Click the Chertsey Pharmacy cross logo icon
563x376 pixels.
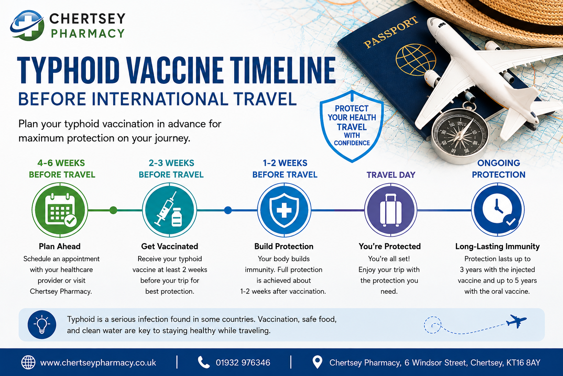pos(27,25)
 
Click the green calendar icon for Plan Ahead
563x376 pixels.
pos(60,210)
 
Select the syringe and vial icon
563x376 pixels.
pos(170,210)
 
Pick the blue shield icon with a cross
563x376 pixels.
pos(284,210)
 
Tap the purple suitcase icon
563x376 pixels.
pos(391,210)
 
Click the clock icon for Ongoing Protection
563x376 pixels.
pos(498,210)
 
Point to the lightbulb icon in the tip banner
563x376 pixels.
pos(42,325)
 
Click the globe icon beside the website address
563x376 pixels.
pos(28,363)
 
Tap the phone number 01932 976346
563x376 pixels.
pos(243,363)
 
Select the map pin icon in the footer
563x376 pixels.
pos(317,362)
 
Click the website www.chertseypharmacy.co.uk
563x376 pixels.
pos(98,363)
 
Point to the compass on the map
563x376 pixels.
pos(460,135)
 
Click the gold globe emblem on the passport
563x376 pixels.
pos(416,60)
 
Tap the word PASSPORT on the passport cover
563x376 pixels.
pos(391,32)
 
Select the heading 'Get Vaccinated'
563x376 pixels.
pos(170,246)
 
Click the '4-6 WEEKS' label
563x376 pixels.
pos(61,163)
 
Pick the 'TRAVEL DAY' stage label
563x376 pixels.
pos(391,175)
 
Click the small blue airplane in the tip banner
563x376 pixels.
pos(516,321)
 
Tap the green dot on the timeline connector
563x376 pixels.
pos(113,210)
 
